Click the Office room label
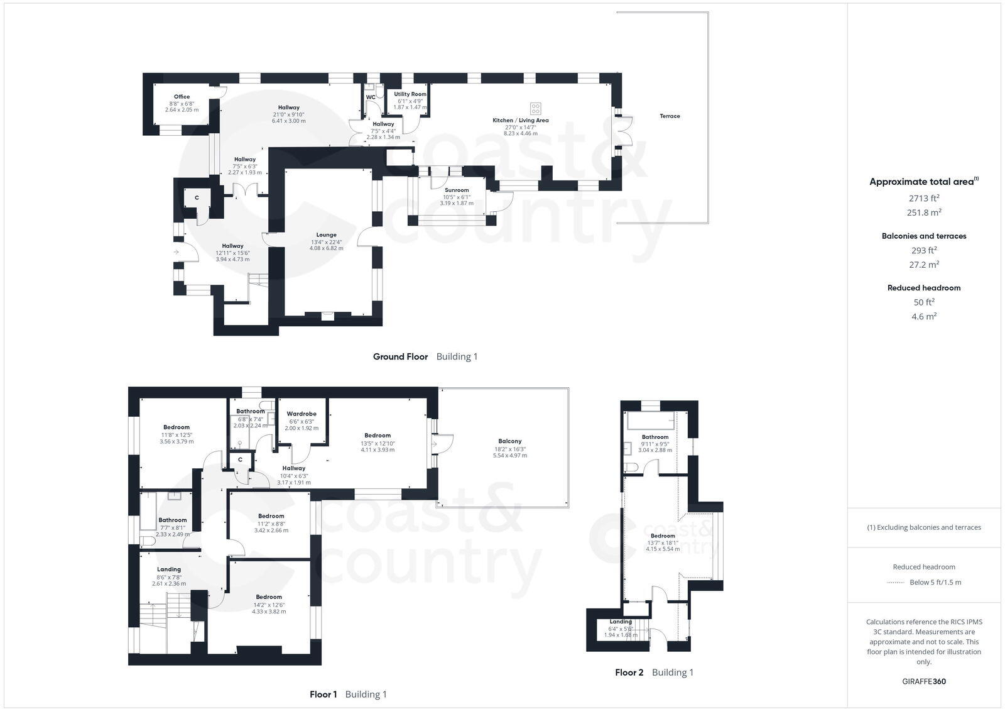[x=182, y=97]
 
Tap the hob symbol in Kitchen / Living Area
[x=536, y=108]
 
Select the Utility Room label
[x=410, y=94]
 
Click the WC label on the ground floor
[x=371, y=97]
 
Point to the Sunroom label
[x=457, y=190]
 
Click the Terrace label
[x=670, y=116]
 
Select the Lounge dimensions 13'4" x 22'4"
[x=326, y=242]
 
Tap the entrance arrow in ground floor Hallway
[x=177, y=252]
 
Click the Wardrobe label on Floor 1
[x=301, y=414]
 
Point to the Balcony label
[x=510, y=441]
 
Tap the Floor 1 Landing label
[x=168, y=569]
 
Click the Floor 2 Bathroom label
[x=655, y=437]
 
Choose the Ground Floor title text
[x=400, y=356]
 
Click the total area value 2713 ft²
[x=923, y=198]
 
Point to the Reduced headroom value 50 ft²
[x=923, y=302]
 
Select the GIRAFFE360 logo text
[x=923, y=681]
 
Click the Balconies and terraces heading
[x=923, y=236]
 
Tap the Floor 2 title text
[x=629, y=673]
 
